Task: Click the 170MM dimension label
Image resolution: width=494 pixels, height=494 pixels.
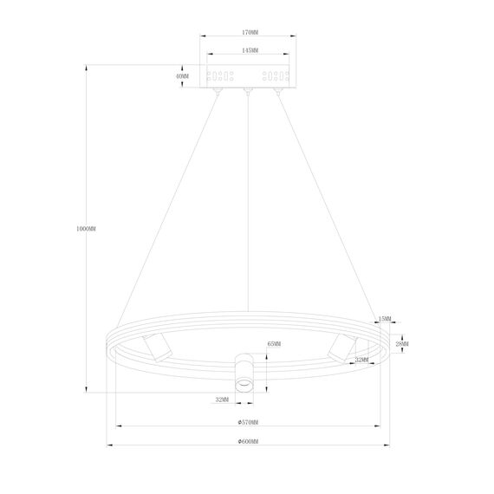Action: [x=247, y=33]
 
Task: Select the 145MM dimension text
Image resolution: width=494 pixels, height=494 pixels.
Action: [x=247, y=51]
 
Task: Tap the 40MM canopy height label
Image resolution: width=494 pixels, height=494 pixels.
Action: [x=182, y=76]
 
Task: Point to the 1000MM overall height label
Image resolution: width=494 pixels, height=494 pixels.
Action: [x=86, y=229]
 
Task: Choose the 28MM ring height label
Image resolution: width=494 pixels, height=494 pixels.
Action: [x=402, y=344]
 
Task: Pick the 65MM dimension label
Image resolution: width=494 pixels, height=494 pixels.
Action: [x=274, y=344]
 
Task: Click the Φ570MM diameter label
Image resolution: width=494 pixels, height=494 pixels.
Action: [x=248, y=423]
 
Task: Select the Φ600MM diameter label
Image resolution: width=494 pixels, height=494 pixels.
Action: [x=248, y=443]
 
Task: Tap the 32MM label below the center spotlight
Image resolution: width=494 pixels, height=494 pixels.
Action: [x=222, y=400]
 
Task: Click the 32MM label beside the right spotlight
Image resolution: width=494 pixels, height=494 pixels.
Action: [x=362, y=359]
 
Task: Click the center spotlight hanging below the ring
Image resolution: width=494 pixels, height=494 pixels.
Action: [x=246, y=374]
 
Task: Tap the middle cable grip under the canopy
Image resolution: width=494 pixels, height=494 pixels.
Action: [x=248, y=90]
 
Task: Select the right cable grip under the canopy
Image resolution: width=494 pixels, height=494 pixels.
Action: [x=277, y=90]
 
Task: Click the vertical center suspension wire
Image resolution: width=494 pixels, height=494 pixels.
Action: [x=248, y=217]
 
